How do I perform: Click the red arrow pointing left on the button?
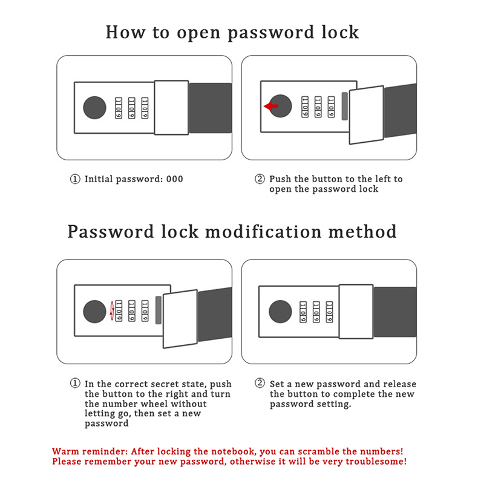click(271, 106)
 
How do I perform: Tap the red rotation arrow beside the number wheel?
click(113, 311)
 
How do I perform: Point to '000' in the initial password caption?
click(174, 179)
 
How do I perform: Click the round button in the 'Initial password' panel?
click(94, 107)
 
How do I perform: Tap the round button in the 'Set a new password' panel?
click(280, 311)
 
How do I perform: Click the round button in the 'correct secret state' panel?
click(94, 312)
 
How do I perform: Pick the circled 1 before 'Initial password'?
click(75, 179)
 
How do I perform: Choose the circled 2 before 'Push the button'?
click(260, 179)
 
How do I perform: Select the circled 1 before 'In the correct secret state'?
click(75, 384)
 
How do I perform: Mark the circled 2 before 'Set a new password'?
click(260, 384)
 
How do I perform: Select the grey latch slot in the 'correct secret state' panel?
click(159, 310)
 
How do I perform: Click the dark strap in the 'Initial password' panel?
click(210, 108)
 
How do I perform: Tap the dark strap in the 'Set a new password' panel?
click(394, 312)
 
